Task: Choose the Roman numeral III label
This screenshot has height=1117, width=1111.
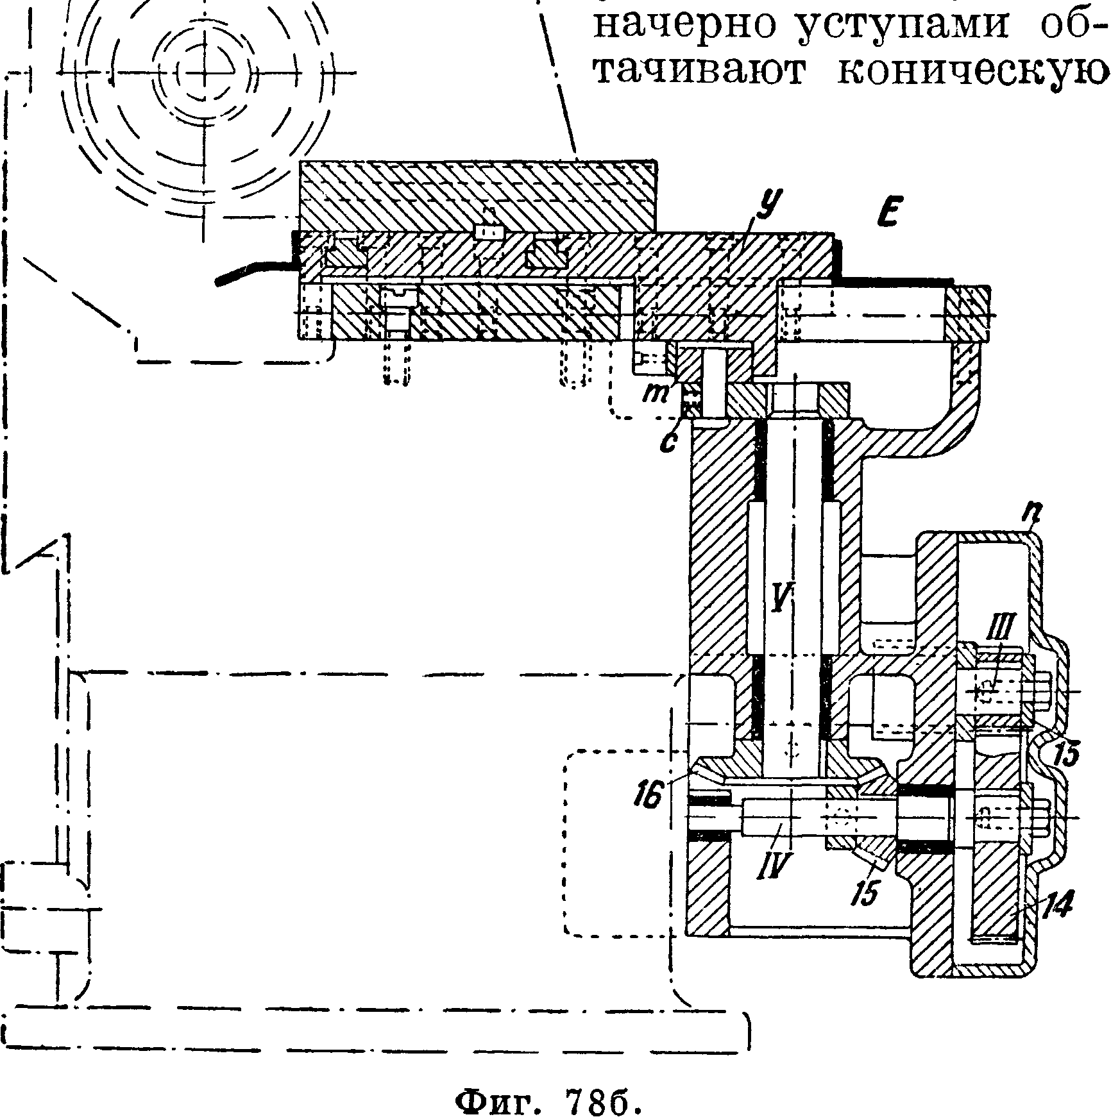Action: (996, 640)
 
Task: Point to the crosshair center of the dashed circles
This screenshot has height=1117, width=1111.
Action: (205, 71)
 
